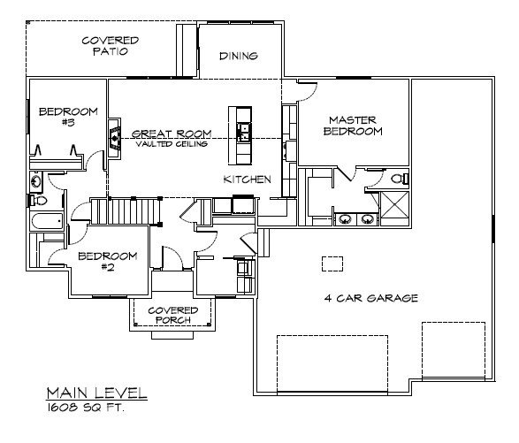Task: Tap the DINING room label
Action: coord(238,57)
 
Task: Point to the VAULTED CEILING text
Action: coord(172,143)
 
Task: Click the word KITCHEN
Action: coord(246,179)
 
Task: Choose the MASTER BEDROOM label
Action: coord(355,126)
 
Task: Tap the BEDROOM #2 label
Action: coord(108,262)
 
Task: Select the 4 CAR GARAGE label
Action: coord(370,298)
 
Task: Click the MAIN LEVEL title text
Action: coord(97,392)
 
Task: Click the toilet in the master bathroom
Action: coord(397,179)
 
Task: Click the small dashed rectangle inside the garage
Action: coord(332,264)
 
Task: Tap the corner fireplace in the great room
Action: coord(115,136)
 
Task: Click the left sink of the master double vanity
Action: coord(344,217)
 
